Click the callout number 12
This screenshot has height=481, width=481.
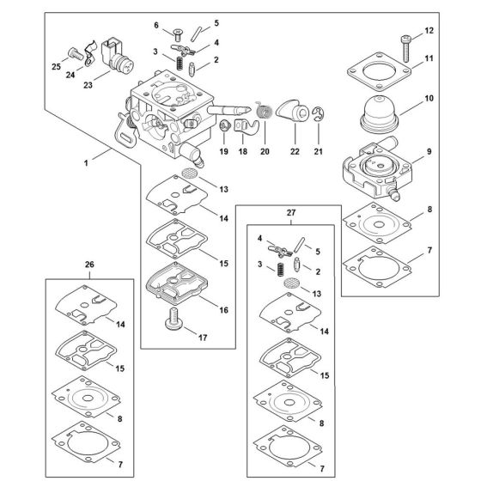point(429,31)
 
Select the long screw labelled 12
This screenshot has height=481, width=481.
point(405,49)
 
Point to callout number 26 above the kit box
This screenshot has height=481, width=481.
point(89,265)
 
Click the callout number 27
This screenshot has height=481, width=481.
point(291,213)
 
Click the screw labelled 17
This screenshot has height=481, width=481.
point(174,319)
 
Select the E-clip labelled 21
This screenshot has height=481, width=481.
point(318,114)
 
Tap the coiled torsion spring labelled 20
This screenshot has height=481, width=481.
point(265,110)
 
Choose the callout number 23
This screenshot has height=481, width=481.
point(88,85)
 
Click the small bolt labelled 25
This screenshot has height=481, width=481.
point(76,54)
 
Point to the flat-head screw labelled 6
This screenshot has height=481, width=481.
point(178,34)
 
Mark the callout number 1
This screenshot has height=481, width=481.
point(86,163)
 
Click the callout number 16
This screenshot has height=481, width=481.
point(223,310)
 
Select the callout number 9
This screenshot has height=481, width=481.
point(429,151)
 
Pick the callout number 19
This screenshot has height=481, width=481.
point(223,151)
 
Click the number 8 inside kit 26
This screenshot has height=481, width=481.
point(119,419)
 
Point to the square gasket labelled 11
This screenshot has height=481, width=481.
point(379,72)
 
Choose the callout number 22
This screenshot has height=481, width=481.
point(295,151)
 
